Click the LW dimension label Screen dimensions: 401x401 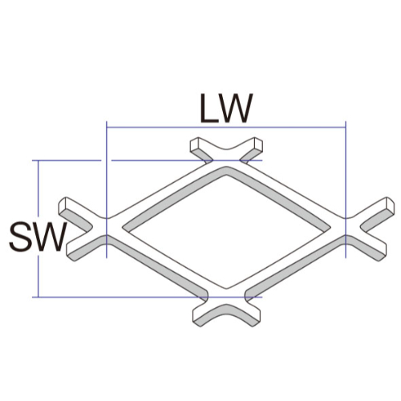226,108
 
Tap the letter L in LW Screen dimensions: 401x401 209,108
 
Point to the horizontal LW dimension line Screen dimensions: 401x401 226,128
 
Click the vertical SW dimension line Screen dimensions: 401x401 38,229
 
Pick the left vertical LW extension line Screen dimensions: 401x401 107,189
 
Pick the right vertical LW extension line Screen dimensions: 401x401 346,189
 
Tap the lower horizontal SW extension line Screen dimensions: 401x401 147,297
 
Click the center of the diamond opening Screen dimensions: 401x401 227,230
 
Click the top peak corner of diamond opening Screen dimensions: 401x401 227,175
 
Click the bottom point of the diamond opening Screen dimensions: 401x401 227,289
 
